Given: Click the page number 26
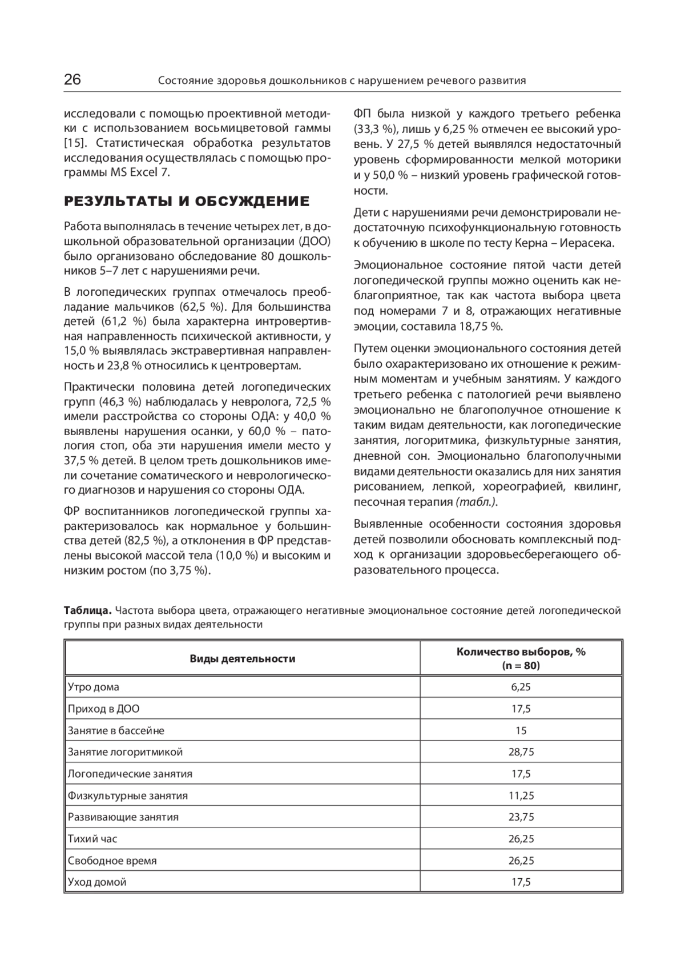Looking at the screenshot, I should [x=72, y=79].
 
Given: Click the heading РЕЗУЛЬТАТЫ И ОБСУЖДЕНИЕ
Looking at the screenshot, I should [x=187, y=201].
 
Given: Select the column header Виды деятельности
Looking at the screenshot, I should [x=243, y=659].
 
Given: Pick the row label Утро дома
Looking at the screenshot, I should [x=94, y=687].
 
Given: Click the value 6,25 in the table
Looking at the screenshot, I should [x=521, y=687].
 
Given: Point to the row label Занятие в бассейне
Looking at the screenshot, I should [x=116, y=730].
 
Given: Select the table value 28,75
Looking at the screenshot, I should [x=521, y=752].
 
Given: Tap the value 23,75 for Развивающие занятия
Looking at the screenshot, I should [x=521, y=817].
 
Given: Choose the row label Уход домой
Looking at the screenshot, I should [x=97, y=882].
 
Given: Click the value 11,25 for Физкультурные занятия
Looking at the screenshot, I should [x=521, y=795].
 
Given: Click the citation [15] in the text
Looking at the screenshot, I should [x=75, y=142].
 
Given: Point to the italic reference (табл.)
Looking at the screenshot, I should [x=476, y=502].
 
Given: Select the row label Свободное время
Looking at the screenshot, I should [x=112, y=861].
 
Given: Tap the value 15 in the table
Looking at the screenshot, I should [x=521, y=730].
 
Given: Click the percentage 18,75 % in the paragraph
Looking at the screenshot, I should [x=480, y=327].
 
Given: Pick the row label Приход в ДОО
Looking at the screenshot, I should [x=103, y=709].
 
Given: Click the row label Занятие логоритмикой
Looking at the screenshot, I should [x=125, y=752].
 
